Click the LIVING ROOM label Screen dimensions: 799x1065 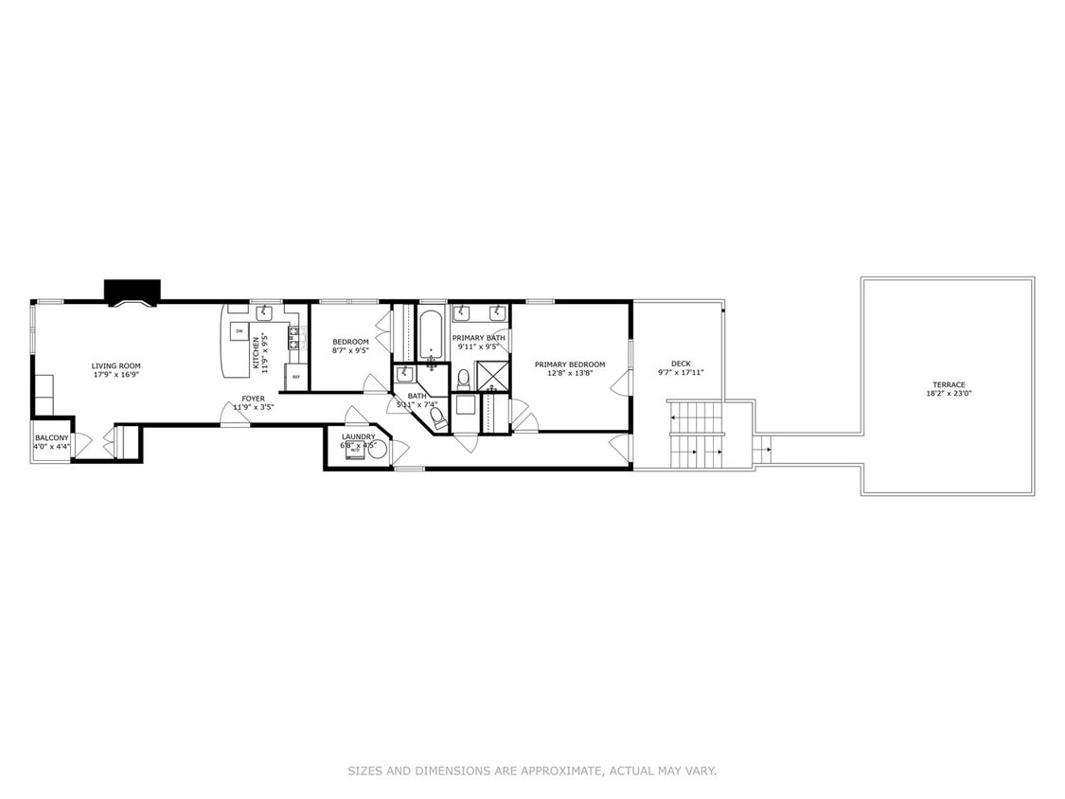(x=115, y=365)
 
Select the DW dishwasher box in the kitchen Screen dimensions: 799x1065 (x=239, y=331)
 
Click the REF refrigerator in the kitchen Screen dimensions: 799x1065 (x=295, y=377)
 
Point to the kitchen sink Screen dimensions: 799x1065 (x=264, y=314)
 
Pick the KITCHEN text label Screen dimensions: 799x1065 (x=256, y=352)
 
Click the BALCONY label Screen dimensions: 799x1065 (x=52, y=437)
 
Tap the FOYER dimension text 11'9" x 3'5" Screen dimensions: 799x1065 (x=253, y=408)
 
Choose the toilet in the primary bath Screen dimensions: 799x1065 (x=463, y=379)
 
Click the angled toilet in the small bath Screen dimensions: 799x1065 (x=438, y=417)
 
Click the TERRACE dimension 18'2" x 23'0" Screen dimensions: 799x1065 (x=948, y=394)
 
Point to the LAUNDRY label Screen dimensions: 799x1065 (x=359, y=436)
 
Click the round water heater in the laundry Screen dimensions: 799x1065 (x=377, y=451)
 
